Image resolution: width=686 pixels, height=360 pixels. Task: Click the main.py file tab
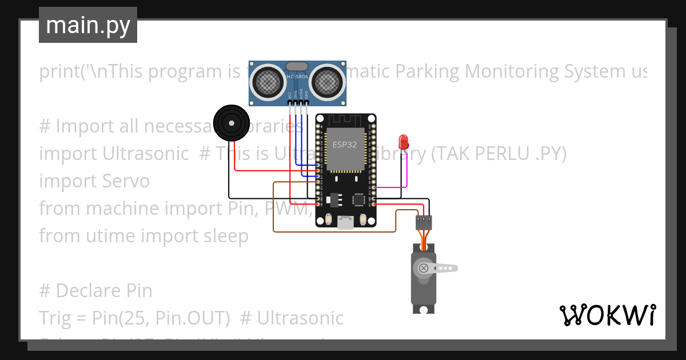[88, 25]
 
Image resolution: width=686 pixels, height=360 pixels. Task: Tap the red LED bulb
[404, 141]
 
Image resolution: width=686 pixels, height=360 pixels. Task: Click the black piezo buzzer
[231, 123]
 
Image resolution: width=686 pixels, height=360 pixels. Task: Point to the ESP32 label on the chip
[345, 145]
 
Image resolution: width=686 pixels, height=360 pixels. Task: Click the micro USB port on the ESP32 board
[345, 222]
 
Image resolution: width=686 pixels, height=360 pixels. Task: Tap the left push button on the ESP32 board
[328, 219]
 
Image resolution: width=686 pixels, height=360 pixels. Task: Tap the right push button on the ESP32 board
[363, 219]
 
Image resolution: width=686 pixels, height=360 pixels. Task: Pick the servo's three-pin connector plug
[424, 221]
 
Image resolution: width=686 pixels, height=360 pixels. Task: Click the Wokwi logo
[607, 315]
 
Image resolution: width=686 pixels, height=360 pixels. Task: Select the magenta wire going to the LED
[406, 171]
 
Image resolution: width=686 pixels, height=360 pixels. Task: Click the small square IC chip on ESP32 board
[359, 199]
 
